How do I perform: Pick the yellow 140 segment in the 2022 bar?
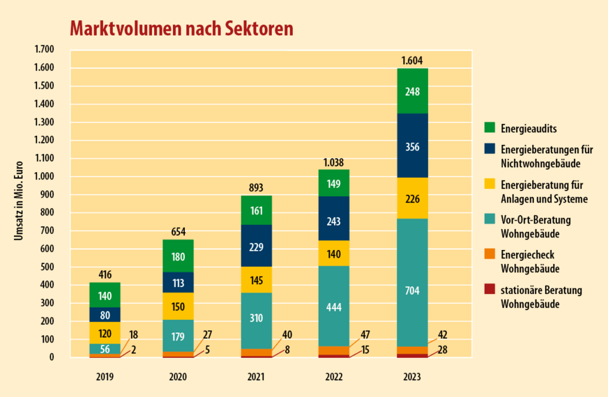[334, 254]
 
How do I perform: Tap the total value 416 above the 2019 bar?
[105, 275]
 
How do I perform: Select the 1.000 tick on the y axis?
[43, 176]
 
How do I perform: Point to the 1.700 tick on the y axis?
[43, 49]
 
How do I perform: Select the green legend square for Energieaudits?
[490, 127]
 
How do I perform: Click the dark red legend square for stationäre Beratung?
[490, 289]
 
